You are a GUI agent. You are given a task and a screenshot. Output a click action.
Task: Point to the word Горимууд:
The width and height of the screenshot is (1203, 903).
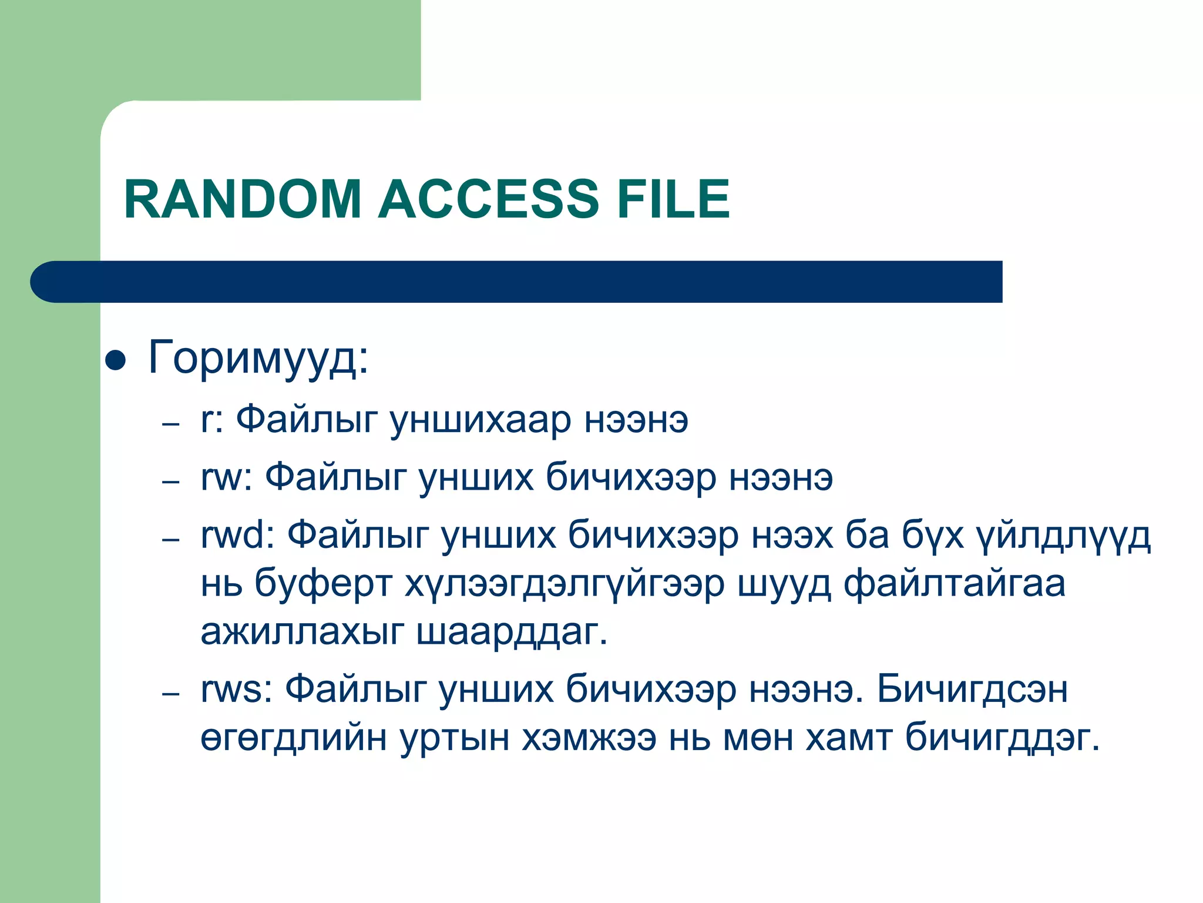[x=258, y=357]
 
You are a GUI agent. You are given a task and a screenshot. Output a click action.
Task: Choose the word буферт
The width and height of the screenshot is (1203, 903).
[x=323, y=584]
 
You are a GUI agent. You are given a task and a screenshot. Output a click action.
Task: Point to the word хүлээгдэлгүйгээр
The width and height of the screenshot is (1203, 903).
[x=564, y=584]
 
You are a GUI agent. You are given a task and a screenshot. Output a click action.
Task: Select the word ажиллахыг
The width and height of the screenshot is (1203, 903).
[x=302, y=632]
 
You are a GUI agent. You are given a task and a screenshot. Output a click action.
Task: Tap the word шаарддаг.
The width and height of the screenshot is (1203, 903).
[x=512, y=632]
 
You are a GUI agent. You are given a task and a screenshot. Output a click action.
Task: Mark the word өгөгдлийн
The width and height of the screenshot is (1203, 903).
[x=294, y=738]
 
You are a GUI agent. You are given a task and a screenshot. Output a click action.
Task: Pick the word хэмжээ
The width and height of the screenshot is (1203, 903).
[x=589, y=737]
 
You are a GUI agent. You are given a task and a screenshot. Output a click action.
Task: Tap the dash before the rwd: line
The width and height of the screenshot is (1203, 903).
[x=170, y=539]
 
